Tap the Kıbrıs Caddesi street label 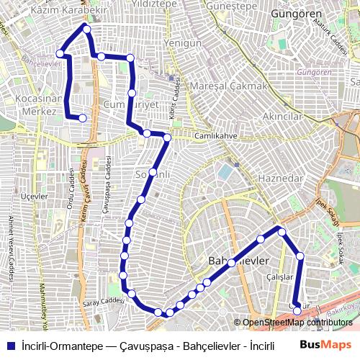(x=173, y=105)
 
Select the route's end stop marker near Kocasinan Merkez (x=83, y=118)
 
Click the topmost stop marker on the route (x=86, y=29)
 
